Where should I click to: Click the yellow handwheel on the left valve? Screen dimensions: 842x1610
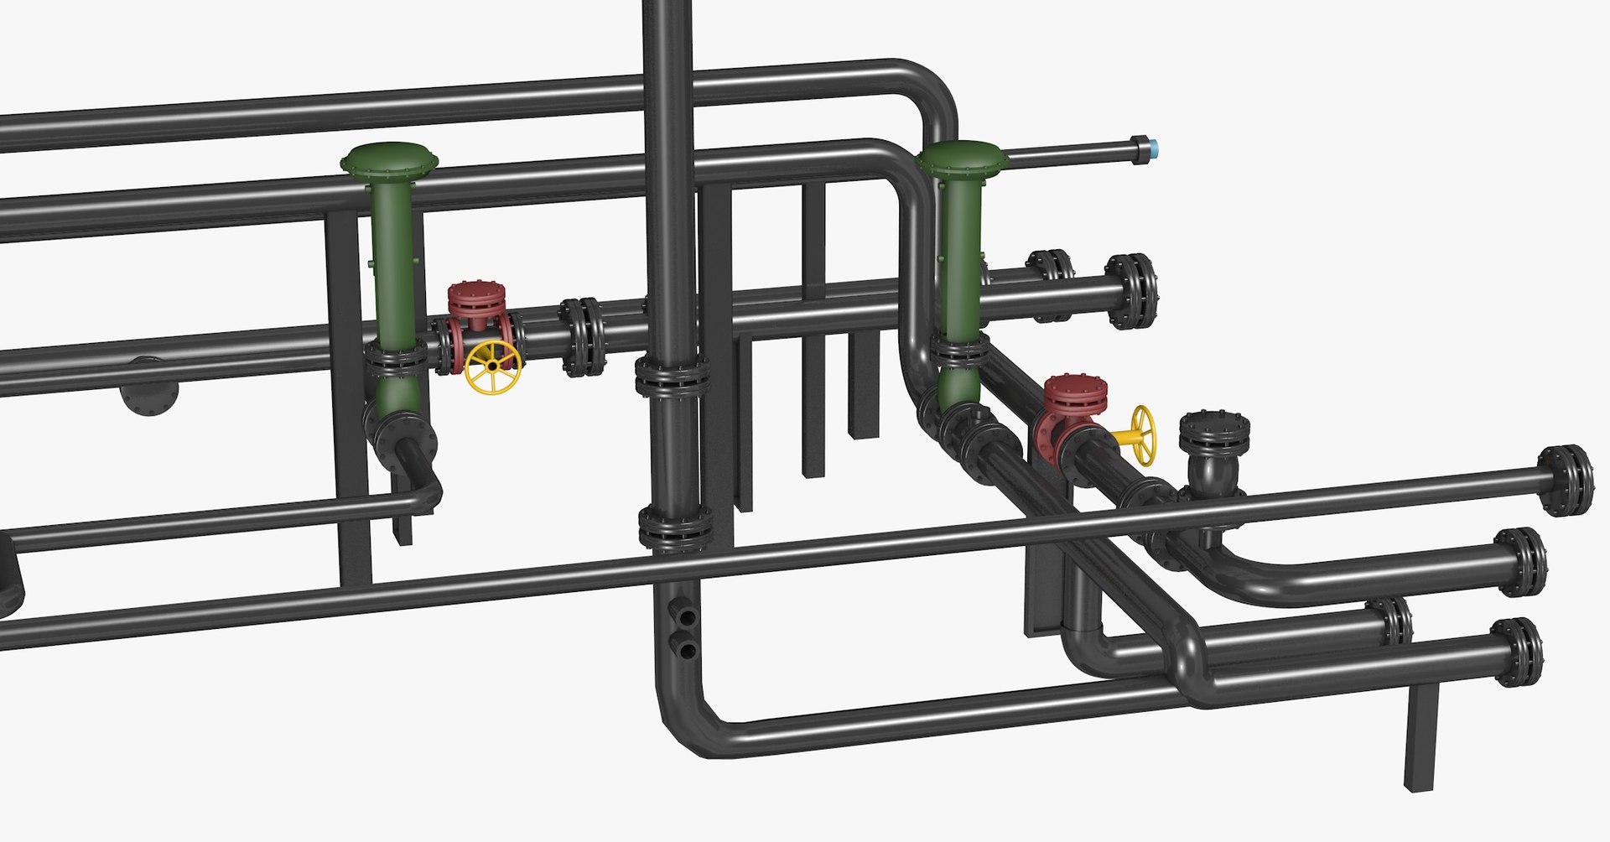coord(492,367)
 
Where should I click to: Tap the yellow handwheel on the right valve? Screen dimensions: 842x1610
coord(1143,435)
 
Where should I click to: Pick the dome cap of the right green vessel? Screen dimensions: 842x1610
coord(962,158)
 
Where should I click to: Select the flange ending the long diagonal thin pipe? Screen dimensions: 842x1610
coord(1566,480)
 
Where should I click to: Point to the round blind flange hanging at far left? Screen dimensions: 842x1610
coord(149,388)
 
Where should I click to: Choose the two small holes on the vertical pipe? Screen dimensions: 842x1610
coord(688,633)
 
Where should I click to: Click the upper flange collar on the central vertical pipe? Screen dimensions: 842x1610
coord(673,375)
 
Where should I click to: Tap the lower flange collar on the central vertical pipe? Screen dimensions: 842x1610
coord(675,528)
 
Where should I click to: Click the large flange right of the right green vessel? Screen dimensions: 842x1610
coord(1131,291)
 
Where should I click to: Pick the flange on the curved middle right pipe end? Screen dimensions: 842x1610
coord(1522,562)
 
